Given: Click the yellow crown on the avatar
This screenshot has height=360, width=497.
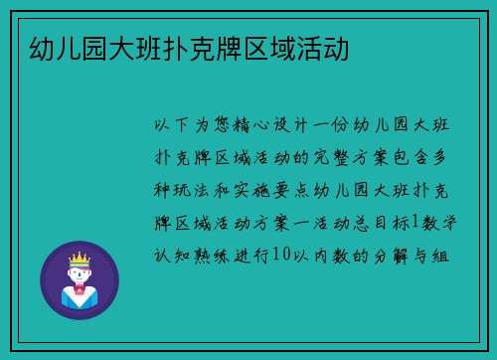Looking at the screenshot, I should click(x=79, y=261).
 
